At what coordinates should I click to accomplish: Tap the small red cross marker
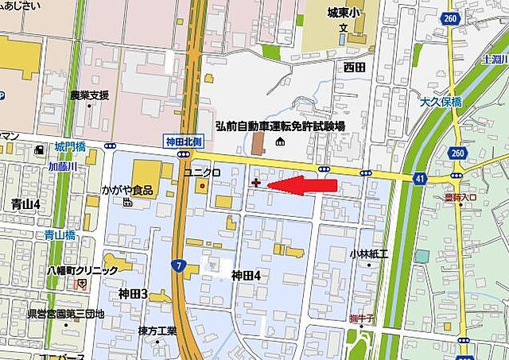(x=256, y=184)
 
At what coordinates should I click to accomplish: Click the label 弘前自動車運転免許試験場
(x=280, y=126)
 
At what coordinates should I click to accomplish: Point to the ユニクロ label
(x=202, y=172)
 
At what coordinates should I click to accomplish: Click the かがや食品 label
(x=127, y=190)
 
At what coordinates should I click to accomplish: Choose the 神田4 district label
(x=246, y=275)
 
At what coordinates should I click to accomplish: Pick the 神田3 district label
(x=133, y=294)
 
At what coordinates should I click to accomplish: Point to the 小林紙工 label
(x=368, y=254)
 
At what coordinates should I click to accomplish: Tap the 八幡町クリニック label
(x=82, y=270)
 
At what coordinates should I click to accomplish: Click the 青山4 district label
(x=26, y=204)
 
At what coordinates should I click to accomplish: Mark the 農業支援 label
(x=89, y=95)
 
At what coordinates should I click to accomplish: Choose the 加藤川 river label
(x=62, y=166)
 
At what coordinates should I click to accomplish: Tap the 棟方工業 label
(x=157, y=330)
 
